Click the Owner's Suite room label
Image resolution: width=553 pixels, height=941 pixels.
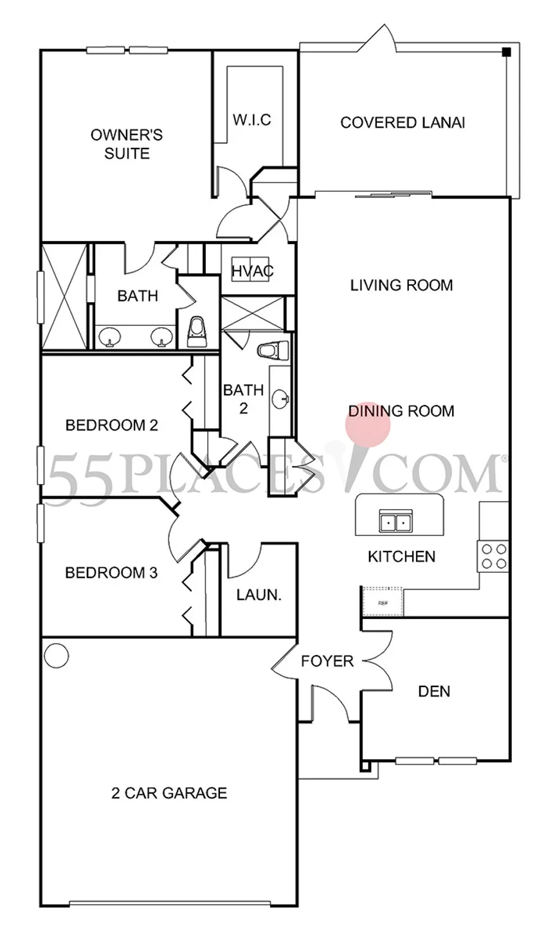click(x=127, y=144)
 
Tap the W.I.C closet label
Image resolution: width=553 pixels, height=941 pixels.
click(x=252, y=120)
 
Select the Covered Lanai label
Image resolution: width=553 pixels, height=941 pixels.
click(x=403, y=123)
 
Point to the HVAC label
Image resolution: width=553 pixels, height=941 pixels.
click(x=253, y=271)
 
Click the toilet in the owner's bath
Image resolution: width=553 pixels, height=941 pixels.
click(x=197, y=332)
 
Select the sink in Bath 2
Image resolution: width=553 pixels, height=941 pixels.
click(x=280, y=399)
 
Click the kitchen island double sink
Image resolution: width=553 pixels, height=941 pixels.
click(x=395, y=521)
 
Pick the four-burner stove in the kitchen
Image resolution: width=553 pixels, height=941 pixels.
click(x=493, y=556)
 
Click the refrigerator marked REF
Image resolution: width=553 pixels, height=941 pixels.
click(x=383, y=602)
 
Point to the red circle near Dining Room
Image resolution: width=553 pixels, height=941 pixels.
click(x=368, y=424)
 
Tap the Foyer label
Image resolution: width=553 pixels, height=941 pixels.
click(x=327, y=661)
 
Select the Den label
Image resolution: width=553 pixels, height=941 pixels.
click(x=434, y=692)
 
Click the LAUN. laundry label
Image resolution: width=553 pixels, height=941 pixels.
click(x=258, y=595)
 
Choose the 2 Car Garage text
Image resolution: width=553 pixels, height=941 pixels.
click(x=169, y=793)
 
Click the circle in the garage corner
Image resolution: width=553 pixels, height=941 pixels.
click(x=57, y=656)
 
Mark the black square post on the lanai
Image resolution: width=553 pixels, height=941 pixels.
click(x=506, y=52)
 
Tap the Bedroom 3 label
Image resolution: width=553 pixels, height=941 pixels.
click(x=111, y=573)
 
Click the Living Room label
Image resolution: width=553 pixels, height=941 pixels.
click(x=402, y=285)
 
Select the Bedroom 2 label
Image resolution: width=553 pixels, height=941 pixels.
click(x=112, y=425)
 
